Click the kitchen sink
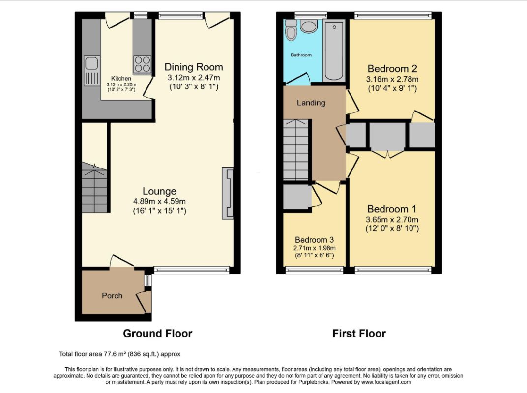tap(92, 71)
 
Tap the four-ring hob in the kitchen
tap(143, 64)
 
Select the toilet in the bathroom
tap(291, 30)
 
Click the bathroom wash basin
tap(309, 26)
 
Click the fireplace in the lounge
tap(228, 193)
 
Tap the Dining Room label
tap(194, 67)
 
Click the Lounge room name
tap(160, 191)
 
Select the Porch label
tap(112, 296)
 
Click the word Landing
tap(311, 103)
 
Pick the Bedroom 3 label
tap(314, 240)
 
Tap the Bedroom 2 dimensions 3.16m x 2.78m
tap(392, 79)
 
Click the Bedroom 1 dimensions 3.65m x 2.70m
tap(392, 220)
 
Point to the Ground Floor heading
tap(158, 334)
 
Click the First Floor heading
tap(359, 334)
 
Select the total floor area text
tap(119, 354)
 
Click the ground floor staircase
tap(94, 188)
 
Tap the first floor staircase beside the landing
tap(296, 149)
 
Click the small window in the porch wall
tap(147, 281)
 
